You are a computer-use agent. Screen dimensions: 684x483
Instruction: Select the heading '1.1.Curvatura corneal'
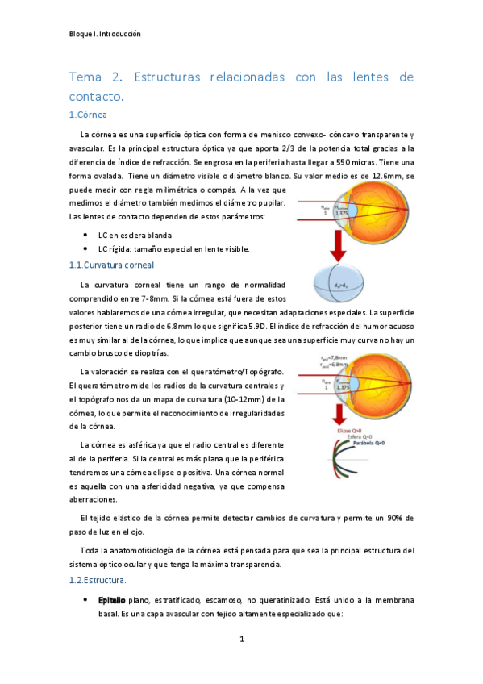pyautogui.click(x=111, y=265)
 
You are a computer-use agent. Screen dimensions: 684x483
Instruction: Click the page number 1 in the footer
pyautogui.click(x=241, y=640)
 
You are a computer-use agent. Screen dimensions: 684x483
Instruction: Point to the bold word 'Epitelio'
pyautogui.click(x=111, y=601)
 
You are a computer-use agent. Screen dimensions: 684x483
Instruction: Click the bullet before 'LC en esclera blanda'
pyautogui.click(x=85, y=234)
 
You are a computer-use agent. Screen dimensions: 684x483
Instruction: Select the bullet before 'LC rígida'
pyautogui.click(x=85, y=248)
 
